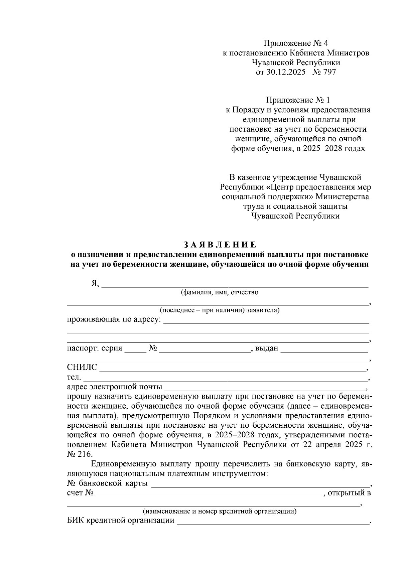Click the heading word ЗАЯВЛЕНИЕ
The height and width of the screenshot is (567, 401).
(x=220, y=245)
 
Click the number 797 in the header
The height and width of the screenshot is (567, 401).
(x=329, y=72)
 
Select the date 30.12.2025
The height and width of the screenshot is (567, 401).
(x=286, y=72)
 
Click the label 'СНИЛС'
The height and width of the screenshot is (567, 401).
(x=82, y=368)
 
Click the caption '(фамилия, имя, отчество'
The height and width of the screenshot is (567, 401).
(x=220, y=293)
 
